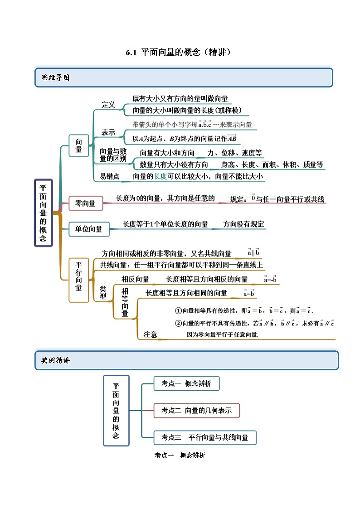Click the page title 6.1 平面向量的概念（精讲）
coord(180,52)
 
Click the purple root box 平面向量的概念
coord(43,213)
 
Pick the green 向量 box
coord(78,145)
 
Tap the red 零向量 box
coord(85,204)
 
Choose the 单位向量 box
coord(88,229)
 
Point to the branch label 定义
coord(108,105)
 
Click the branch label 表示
coord(108,132)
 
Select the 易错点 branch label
coord(110,177)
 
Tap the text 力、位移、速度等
coord(235,153)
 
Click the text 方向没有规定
coord(244,224)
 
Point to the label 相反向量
coord(135,279)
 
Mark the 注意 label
coord(150,334)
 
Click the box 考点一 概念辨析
coord(186,383)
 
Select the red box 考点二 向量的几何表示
coord(196,410)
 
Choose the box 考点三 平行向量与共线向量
coord(205,437)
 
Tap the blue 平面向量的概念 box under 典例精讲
coord(116,410)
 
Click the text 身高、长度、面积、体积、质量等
coord(272,165)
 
